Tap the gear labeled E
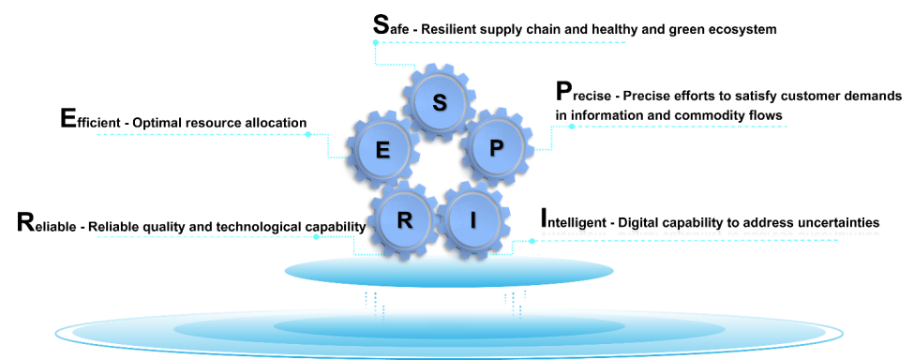(382, 151)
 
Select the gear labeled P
(497, 147)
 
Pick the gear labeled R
(404, 219)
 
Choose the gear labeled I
(473, 219)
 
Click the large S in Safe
(381, 25)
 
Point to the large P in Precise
(563, 92)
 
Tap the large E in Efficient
(67, 119)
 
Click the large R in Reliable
(26, 224)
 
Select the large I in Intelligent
(544, 219)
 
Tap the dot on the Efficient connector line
(308, 134)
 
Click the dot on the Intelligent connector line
(532, 241)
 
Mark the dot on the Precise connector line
(572, 127)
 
